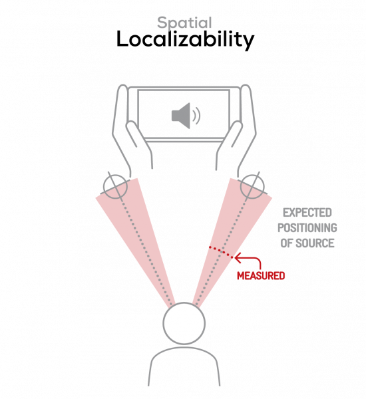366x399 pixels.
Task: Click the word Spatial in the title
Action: point(184,23)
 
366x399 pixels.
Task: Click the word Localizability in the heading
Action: point(185,40)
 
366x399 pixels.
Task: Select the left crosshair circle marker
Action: point(115,186)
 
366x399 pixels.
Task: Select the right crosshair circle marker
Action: point(252,187)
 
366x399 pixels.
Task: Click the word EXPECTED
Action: point(307,213)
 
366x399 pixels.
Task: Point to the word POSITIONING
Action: point(307,227)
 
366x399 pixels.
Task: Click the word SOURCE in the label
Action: point(315,243)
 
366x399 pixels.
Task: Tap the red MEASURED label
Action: point(261,276)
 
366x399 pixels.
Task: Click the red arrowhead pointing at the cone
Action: point(238,258)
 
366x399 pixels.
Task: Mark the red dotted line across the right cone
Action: point(221,253)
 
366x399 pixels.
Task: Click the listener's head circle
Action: point(184,323)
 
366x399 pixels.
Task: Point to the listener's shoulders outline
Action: point(184,348)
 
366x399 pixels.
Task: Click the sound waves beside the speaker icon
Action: point(196,116)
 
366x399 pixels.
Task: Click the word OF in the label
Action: point(287,243)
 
